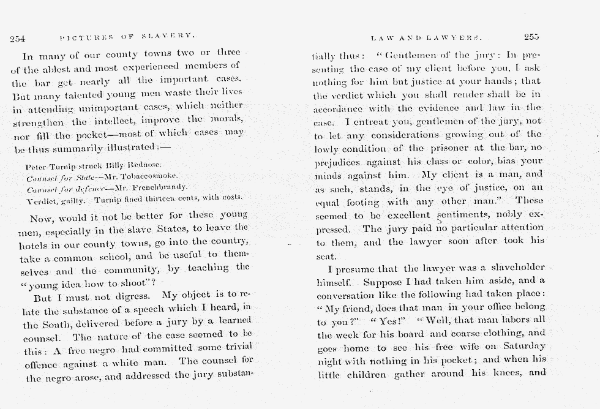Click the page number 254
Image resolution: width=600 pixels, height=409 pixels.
pos(17,38)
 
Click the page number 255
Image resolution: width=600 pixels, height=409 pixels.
pos(531,37)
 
